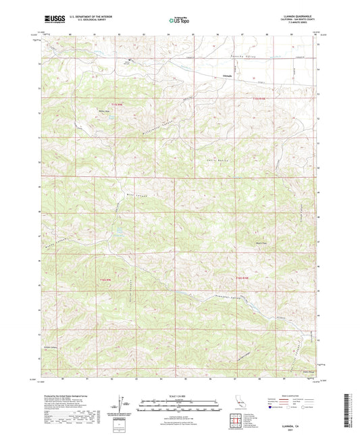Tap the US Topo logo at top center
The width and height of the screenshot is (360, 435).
pos(179,21)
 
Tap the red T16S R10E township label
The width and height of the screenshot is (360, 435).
pos(242,278)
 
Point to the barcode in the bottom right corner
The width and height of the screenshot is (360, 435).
pos(351,413)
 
